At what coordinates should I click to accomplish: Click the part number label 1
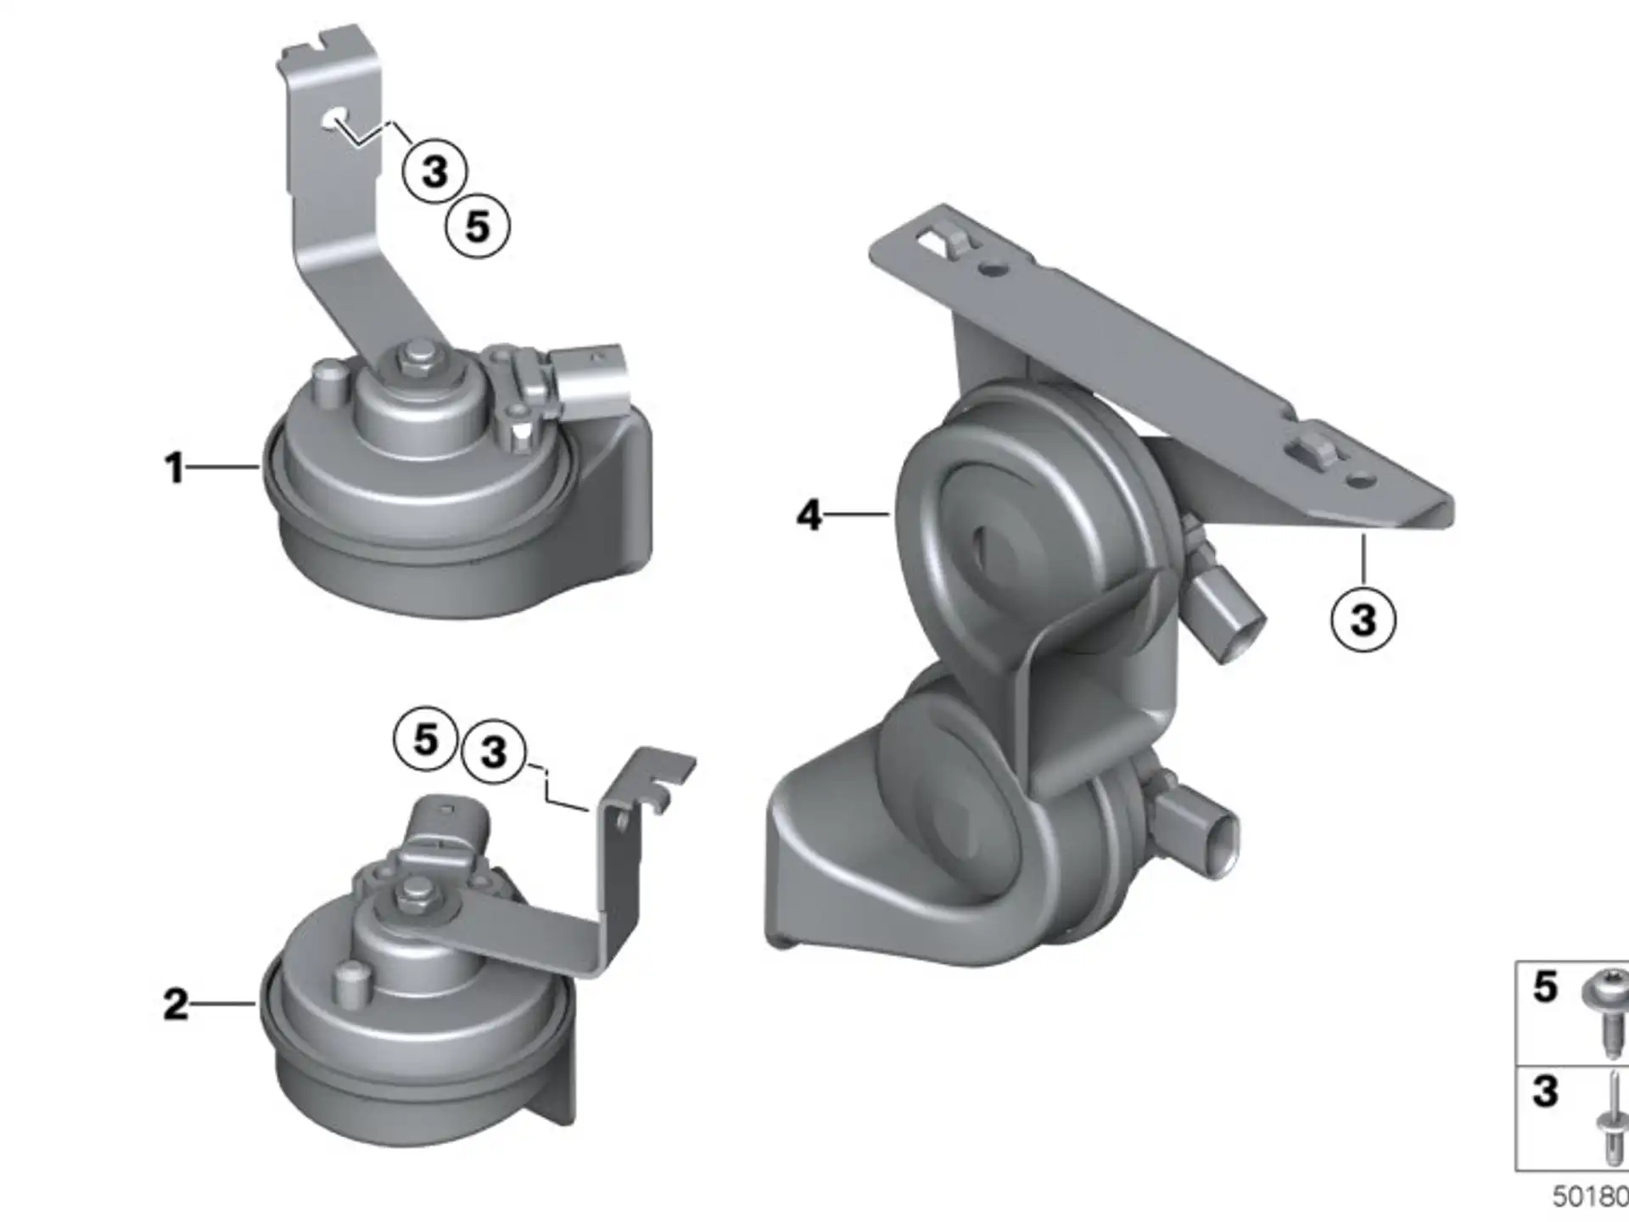[175, 468]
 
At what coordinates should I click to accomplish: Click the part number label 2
[176, 1005]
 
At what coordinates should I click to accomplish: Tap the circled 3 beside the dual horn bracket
[1363, 619]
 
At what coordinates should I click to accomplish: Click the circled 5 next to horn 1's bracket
[478, 227]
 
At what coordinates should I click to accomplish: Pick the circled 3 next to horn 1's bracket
[434, 171]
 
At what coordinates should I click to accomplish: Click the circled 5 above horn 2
[426, 738]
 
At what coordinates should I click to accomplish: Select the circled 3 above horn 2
[493, 752]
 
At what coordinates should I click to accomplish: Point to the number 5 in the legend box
[1545, 987]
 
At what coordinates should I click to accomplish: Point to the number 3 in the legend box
[1545, 1092]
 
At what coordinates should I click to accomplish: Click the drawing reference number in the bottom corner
[1590, 1197]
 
